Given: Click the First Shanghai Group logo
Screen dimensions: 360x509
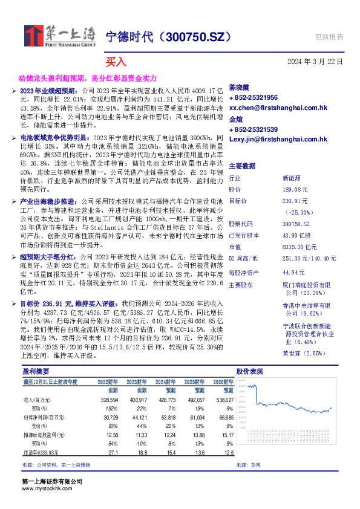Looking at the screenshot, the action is [x=60, y=37].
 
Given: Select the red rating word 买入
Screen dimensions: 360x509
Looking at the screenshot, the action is [x=116, y=62].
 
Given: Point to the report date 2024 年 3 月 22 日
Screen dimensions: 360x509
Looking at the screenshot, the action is [x=315, y=62].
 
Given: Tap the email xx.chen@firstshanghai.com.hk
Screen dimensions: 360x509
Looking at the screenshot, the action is [x=278, y=107].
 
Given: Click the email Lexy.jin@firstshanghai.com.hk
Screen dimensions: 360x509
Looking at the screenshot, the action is [x=278, y=139].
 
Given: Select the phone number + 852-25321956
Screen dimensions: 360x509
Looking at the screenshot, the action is [x=254, y=97].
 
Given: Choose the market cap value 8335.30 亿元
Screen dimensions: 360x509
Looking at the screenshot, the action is [x=299, y=247].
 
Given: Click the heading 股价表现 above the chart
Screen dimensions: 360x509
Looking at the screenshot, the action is [x=249, y=371].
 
